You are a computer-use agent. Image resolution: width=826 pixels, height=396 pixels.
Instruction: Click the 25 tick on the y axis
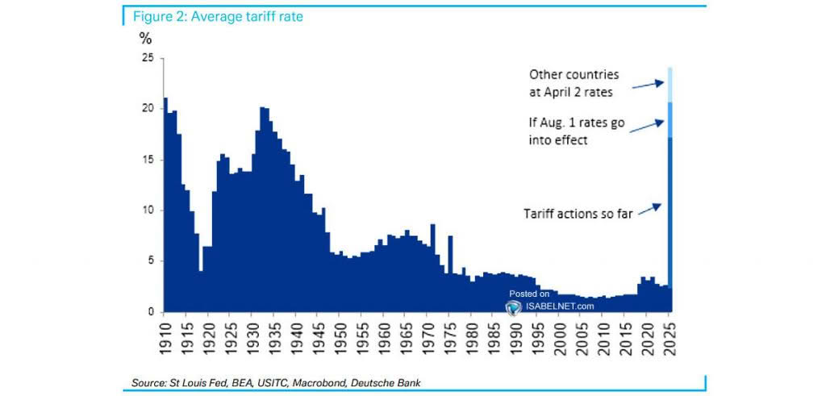click(x=147, y=58)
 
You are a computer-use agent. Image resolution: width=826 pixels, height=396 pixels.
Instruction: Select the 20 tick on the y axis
click(x=147, y=109)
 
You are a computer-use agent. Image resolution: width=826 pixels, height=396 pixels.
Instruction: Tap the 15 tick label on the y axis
click(x=147, y=160)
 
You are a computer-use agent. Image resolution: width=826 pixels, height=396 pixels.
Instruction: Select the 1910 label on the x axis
click(x=165, y=335)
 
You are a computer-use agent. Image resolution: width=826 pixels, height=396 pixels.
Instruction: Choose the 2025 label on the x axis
click(x=669, y=335)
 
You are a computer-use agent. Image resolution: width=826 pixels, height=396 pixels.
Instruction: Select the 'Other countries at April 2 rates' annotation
click(x=574, y=83)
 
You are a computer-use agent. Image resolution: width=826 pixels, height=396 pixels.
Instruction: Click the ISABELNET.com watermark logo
click(x=513, y=306)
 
